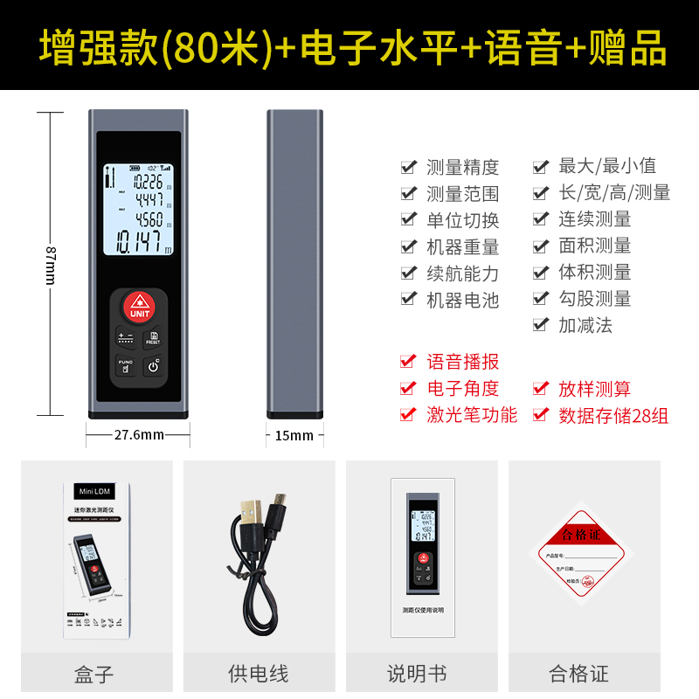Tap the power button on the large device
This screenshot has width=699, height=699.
(x=154, y=365)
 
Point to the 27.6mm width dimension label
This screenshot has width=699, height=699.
(x=139, y=434)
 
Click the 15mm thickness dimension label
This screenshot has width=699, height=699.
(x=294, y=434)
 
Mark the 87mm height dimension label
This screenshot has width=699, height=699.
(x=50, y=262)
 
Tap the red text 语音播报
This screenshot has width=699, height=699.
(x=462, y=362)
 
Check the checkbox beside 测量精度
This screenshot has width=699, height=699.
(x=408, y=166)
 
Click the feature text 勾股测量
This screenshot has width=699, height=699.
(x=594, y=298)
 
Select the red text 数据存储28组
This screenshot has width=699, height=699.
(x=613, y=416)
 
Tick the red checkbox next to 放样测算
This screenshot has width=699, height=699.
(x=541, y=389)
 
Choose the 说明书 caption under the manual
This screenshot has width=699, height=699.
(x=417, y=674)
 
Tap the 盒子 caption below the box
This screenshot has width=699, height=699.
(x=93, y=674)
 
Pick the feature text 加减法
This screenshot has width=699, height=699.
(x=585, y=325)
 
